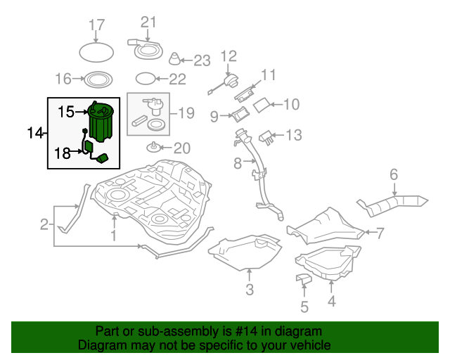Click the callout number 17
(96, 27)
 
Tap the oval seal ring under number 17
(96, 53)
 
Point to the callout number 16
(64, 78)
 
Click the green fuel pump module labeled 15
(103, 122)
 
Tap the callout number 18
(63, 153)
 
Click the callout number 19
(186, 112)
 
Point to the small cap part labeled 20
(153, 148)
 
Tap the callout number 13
(293, 134)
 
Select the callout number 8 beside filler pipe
(238, 164)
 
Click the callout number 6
(394, 174)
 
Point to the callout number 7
(380, 232)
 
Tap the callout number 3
(249, 290)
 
